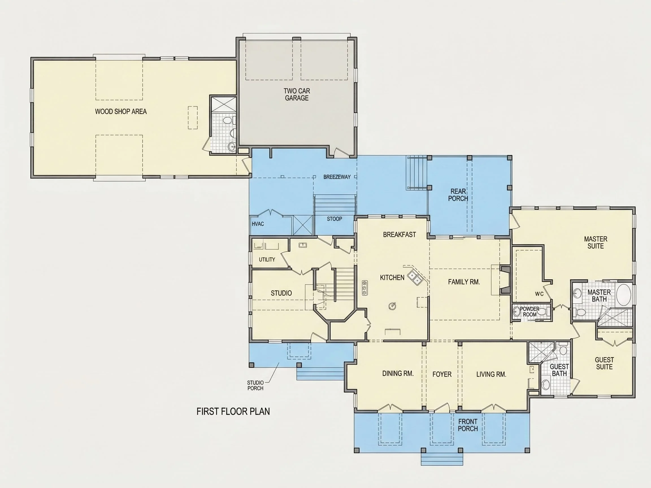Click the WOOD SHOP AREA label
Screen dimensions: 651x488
(x=121, y=112)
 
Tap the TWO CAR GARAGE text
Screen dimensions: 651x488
(x=297, y=94)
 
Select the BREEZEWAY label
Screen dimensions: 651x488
(x=337, y=177)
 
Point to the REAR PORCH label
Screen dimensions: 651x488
(x=458, y=195)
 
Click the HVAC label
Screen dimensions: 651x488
(x=258, y=224)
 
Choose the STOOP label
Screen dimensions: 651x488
(x=334, y=219)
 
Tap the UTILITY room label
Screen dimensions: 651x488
(x=267, y=260)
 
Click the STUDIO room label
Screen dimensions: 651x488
(x=281, y=293)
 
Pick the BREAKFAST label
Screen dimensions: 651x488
(x=399, y=234)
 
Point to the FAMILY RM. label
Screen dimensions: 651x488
(x=464, y=282)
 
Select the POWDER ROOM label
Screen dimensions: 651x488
(x=530, y=311)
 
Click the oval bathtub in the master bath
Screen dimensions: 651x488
(x=624, y=295)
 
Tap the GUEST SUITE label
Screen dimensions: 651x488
(x=604, y=363)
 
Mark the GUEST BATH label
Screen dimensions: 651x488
(x=559, y=370)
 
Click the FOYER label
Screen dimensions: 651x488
(x=442, y=374)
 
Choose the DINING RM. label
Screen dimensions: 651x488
(x=398, y=373)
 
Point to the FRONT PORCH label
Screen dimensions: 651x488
(x=468, y=425)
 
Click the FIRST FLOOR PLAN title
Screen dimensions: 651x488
(x=233, y=411)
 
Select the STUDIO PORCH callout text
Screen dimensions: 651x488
(x=255, y=385)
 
